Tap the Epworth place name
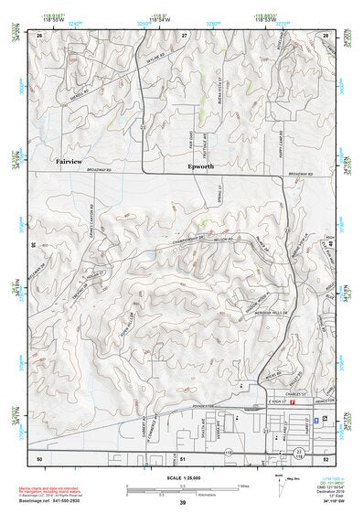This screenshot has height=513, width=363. [x=200, y=167]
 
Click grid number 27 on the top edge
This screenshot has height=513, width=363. [x=184, y=34]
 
